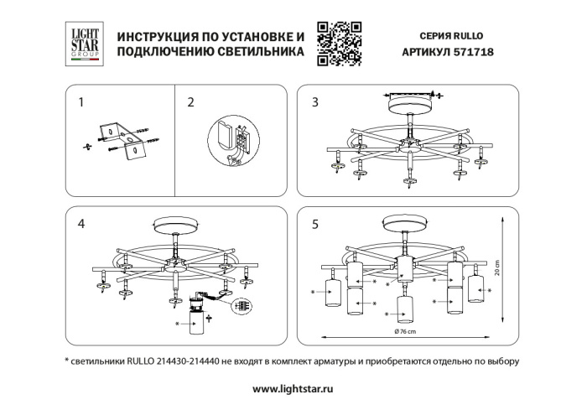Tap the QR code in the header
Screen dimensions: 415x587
(x=339, y=44)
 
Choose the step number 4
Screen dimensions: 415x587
(x=81, y=224)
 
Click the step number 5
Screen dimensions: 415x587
(x=314, y=224)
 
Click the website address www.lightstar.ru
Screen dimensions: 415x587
(x=293, y=389)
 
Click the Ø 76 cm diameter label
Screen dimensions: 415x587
(x=405, y=333)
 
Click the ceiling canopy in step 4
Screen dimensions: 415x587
(x=174, y=228)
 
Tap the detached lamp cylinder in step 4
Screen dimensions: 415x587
(x=199, y=322)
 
